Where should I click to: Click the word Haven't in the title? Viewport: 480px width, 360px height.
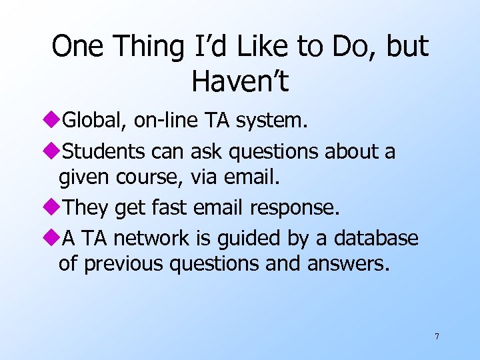(240, 81)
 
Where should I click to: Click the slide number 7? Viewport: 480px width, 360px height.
(437, 336)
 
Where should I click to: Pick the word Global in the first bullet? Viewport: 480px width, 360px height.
(94, 120)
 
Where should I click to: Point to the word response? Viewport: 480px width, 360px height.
(295, 209)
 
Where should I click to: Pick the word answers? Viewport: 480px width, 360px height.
(347, 264)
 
